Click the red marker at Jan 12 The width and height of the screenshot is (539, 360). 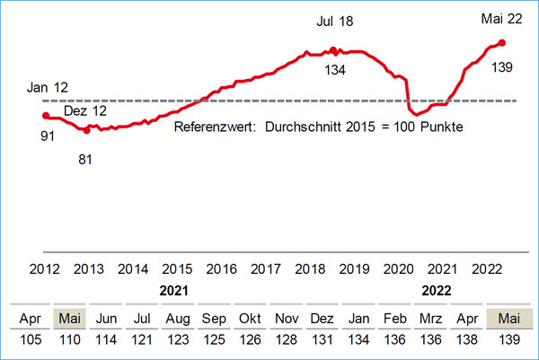pos(46,115)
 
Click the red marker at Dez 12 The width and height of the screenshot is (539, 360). pos(86,130)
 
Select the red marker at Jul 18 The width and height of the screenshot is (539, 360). pos(332,50)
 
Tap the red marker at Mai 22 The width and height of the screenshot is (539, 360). pos(501,42)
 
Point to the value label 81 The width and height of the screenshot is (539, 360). pos(86,159)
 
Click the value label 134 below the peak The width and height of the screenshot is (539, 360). pos(336,70)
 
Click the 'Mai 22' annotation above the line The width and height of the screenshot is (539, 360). pos(501,19)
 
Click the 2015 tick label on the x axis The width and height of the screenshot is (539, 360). pos(177,268)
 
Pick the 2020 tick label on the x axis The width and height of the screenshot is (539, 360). pos(397,268)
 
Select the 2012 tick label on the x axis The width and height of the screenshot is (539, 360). pos(46,268)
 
